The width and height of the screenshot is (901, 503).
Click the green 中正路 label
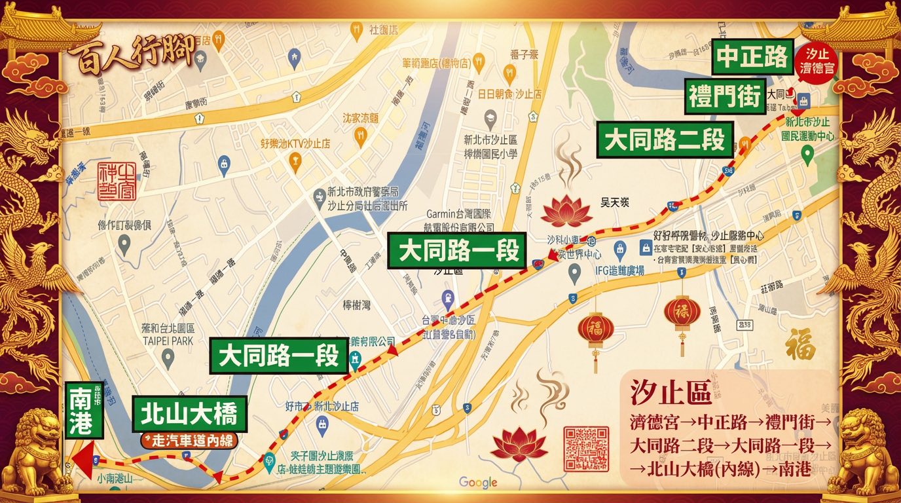[x=752, y=58]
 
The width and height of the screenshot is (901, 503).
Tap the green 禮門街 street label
[x=725, y=97]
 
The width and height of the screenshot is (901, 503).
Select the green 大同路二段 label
[x=665, y=140]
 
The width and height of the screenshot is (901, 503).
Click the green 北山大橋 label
[x=189, y=414]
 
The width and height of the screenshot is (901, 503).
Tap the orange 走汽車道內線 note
[x=189, y=440]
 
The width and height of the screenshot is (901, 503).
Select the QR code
[x=586, y=449]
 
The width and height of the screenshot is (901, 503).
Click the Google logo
[x=478, y=483]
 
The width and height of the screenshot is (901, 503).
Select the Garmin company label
[x=460, y=220]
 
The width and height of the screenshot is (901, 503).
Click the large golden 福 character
[x=801, y=343]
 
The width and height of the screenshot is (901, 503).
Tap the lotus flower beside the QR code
[x=519, y=444]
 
